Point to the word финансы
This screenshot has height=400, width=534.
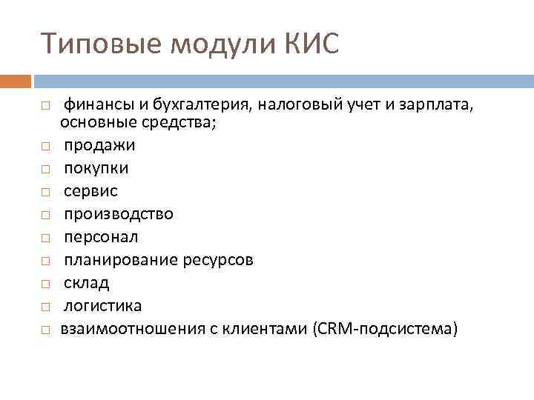(94, 106)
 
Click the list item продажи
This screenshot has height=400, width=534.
(99, 145)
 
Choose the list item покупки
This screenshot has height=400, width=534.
(96, 168)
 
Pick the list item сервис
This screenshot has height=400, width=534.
(90, 191)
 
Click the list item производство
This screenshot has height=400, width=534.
(118, 214)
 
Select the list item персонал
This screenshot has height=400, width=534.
(101, 237)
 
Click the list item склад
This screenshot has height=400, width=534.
(86, 283)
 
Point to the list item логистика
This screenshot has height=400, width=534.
(102, 306)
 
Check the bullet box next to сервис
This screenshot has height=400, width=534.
(45, 192)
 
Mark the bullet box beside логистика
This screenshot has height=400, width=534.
(45, 307)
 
